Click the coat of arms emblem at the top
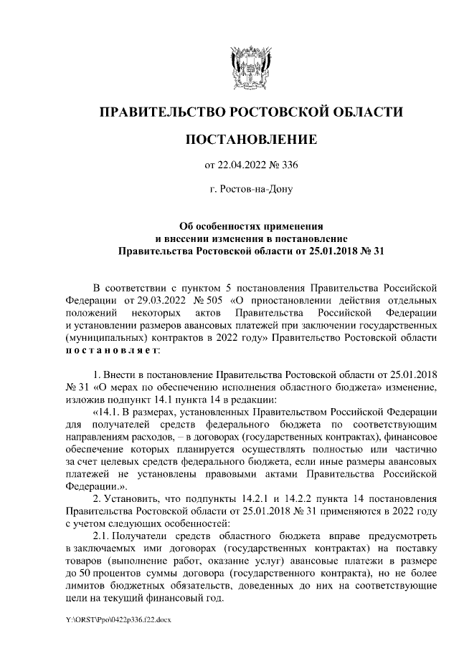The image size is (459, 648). coord(250,65)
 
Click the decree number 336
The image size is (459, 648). coord(288,165)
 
